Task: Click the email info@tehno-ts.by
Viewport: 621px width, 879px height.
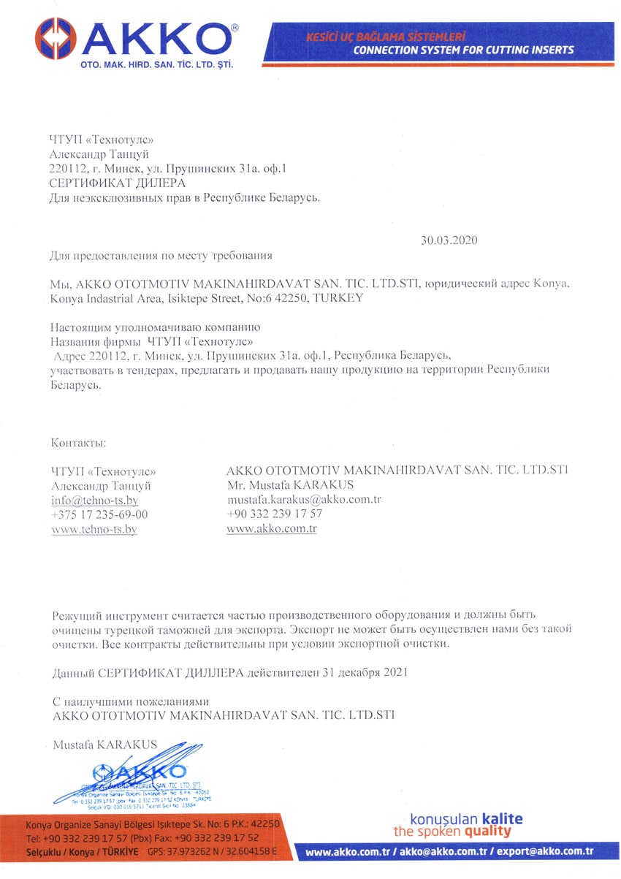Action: tap(95, 501)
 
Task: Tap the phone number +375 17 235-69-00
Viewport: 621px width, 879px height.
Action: tap(99, 514)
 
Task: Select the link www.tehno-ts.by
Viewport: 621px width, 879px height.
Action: tap(94, 529)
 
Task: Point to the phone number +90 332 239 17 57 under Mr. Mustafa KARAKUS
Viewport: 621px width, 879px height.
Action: tap(275, 514)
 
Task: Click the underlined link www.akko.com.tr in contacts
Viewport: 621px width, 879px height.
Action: tap(272, 528)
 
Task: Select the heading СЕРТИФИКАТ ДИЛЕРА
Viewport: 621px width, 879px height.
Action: tap(117, 183)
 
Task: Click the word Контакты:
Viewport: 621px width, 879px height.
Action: tap(79, 443)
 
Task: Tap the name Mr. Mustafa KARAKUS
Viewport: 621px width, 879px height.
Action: tap(291, 484)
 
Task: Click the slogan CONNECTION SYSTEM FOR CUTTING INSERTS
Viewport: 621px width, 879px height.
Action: tap(463, 50)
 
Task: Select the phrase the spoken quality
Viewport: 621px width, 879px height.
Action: tap(452, 832)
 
